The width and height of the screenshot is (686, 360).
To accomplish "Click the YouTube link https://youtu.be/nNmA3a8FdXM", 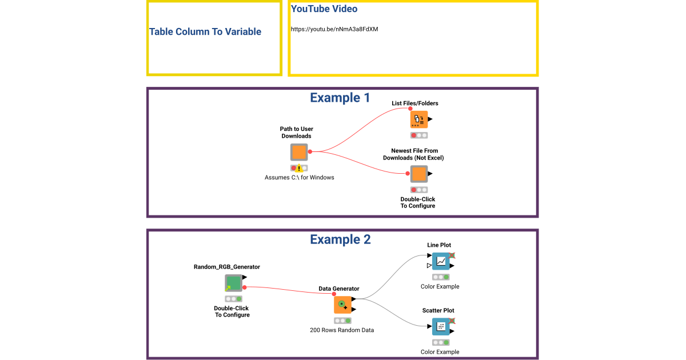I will pyautogui.click(x=334, y=29).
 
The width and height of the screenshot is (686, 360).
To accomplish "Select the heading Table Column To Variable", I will pyautogui.click(x=205, y=32).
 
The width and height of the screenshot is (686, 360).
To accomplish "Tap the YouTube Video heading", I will pyautogui.click(x=324, y=9).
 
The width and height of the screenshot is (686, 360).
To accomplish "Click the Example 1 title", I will pyautogui.click(x=340, y=98).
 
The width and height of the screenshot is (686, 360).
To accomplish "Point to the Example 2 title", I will pyautogui.click(x=340, y=239).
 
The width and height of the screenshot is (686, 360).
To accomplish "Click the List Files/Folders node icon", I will pyautogui.click(x=418, y=119).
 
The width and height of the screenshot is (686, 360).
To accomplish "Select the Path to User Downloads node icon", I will pyautogui.click(x=299, y=152).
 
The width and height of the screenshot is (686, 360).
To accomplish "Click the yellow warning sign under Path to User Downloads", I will pyautogui.click(x=299, y=169).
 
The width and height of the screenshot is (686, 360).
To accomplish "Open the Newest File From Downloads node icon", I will pyautogui.click(x=418, y=174).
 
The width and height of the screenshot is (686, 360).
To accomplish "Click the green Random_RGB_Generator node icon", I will pyautogui.click(x=233, y=283).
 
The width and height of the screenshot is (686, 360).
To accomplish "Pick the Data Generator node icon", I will pyautogui.click(x=342, y=305).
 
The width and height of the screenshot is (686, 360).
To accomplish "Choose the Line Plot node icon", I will pyautogui.click(x=441, y=261).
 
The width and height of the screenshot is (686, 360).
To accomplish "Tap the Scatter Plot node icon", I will pyautogui.click(x=441, y=327).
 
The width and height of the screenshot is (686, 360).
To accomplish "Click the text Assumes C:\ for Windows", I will pyautogui.click(x=299, y=178).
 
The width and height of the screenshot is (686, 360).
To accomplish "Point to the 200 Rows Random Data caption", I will pyautogui.click(x=342, y=330).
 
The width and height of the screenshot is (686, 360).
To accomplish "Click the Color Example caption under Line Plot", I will pyautogui.click(x=440, y=287).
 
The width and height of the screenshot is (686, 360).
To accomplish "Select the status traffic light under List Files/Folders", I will pyautogui.click(x=419, y=135).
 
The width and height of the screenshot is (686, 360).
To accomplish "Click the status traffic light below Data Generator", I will pyautogui.click(x=342, y=321).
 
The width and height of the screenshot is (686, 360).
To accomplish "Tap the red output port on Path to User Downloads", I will pyautogui.click(x=310, y=151).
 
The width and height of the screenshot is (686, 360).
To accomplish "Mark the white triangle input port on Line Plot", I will pyautogui.click(x=429, y=266).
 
